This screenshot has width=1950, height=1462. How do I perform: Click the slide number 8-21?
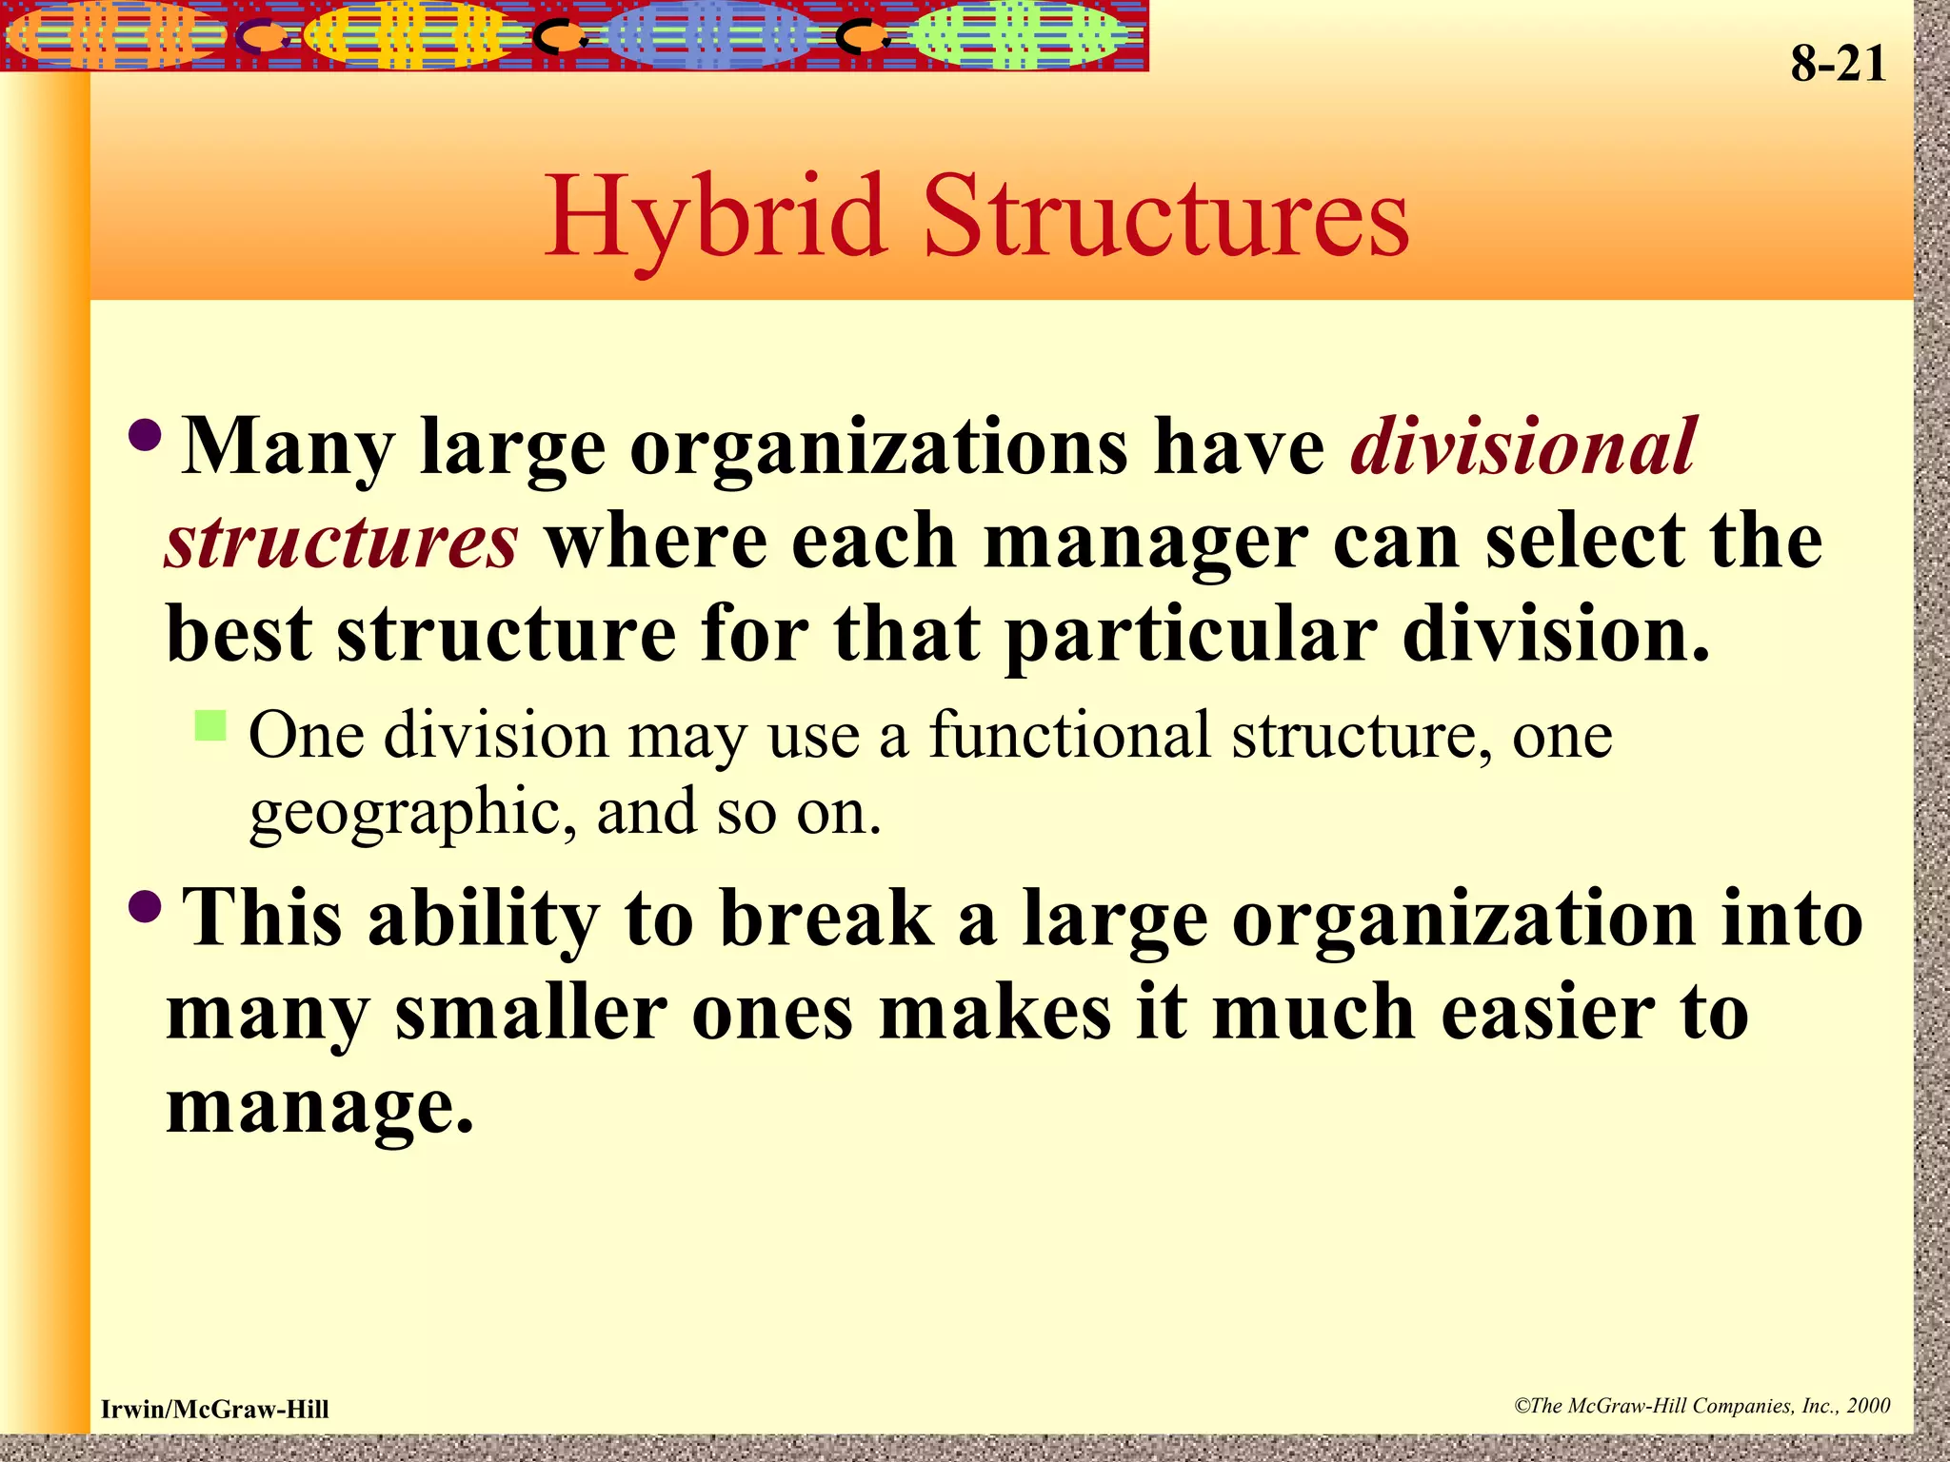[x=1838, y=65]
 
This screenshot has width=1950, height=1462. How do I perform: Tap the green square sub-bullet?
[x=209, y=725]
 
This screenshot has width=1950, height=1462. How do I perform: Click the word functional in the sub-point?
[x=1069, y=736]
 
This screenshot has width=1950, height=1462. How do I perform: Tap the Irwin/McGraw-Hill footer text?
[x=215, y=1410]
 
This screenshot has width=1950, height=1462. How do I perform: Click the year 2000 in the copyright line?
[x=1868, y=1406]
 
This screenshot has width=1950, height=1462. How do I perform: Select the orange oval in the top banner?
[x=114, y=35]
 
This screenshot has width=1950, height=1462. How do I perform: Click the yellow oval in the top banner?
[x=414, y=35]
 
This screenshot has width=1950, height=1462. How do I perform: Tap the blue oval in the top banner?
[x=709, y=35]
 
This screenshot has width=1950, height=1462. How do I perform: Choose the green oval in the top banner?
[x=1014, y=35]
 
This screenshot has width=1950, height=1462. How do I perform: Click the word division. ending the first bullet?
[x=1556, y=635]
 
